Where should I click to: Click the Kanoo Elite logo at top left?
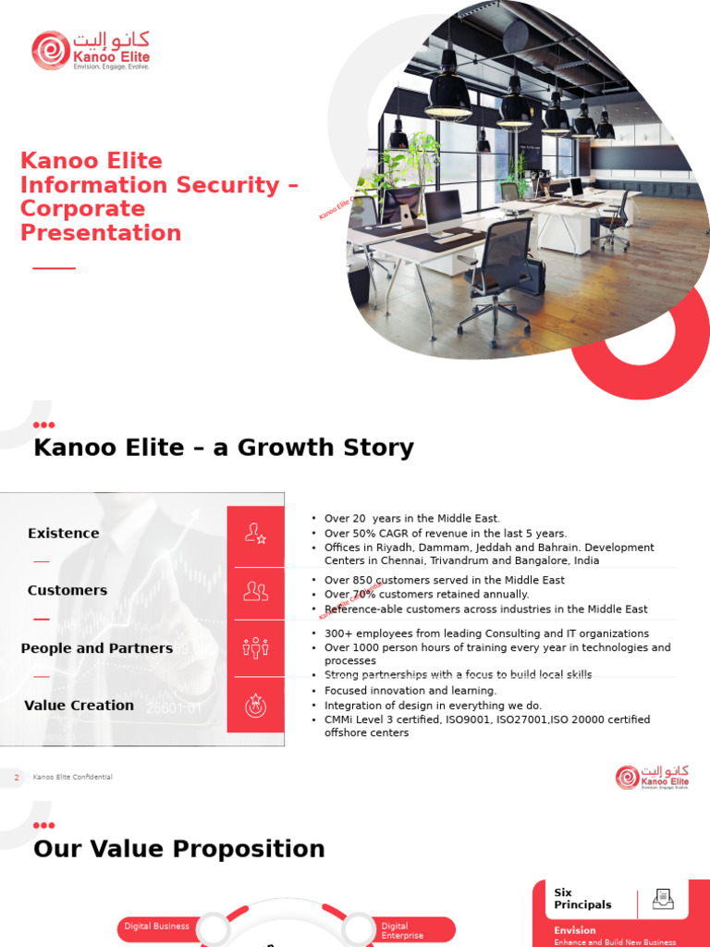[91, 50]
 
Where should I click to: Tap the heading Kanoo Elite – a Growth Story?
[223, 448]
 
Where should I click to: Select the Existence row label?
[63, 534]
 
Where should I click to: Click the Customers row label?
[67, 591]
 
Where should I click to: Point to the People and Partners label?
[96, 648]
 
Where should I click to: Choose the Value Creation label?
[79, 706]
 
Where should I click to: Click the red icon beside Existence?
[255, 534]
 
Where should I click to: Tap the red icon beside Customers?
[255, 591]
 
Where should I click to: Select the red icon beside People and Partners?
[255, 648]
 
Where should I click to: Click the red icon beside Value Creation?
[255, 706]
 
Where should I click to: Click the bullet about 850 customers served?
[444, 580]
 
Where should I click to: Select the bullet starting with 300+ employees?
[486, 633]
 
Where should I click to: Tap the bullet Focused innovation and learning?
[410, 691]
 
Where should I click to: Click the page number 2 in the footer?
[16, 778]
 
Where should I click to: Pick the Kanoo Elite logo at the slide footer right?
[653, 777]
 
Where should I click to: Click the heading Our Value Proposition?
[178, 849]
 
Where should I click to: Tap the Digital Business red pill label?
[157, 926]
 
